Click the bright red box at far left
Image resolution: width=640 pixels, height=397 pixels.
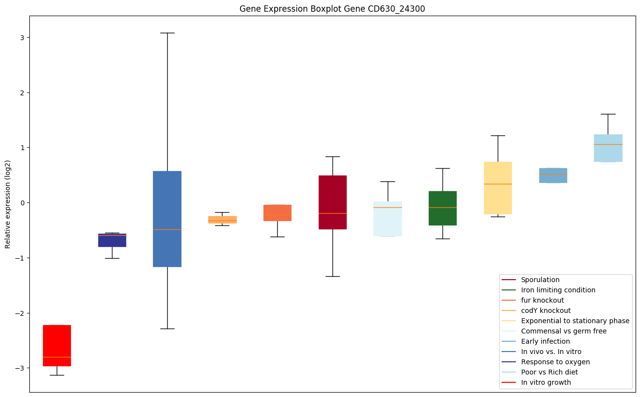(x=57, y=345)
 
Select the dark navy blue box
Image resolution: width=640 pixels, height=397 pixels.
(x=112, y=240)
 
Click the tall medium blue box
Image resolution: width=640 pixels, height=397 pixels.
(x=167, y=219)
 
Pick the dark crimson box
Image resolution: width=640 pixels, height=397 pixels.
(x=332, y=202)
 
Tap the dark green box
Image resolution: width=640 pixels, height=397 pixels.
(x=442, y=208)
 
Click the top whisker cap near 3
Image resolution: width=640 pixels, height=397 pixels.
(x=167, y=33)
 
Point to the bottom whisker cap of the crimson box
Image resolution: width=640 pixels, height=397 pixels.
(x=332, y=276)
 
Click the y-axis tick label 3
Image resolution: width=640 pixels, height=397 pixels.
(x=22, y=38)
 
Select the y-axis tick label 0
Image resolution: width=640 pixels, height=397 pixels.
(x=22, y=203)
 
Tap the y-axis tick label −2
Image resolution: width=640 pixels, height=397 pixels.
(x=20, y=313)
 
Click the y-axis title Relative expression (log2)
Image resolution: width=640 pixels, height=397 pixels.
(x=8, y=204)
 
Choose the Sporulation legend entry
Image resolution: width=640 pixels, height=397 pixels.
(x=540, y=280)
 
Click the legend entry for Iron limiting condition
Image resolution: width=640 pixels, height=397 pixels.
(x=558, y=290)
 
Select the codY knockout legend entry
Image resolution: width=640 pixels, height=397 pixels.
(x=546, y=310)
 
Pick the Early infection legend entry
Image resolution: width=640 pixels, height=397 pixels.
(x=545, y=341)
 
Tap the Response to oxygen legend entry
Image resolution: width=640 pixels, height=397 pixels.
(x=555, y=362)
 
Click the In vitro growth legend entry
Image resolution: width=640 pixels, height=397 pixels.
(x=546, y=382)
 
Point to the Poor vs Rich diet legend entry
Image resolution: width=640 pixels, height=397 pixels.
(x=549, y=372)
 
